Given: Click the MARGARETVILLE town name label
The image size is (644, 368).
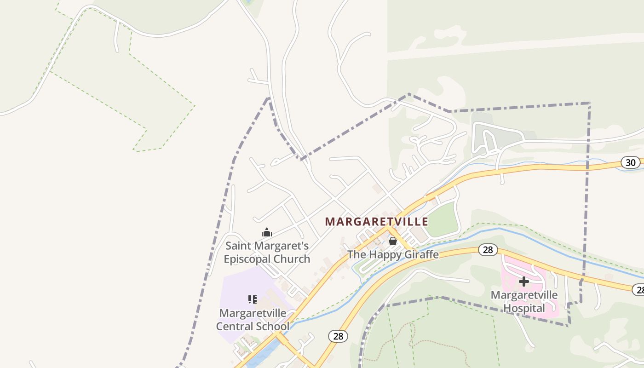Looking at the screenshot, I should coord(376,222).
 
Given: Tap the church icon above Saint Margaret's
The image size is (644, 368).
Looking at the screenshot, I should coord(266,232).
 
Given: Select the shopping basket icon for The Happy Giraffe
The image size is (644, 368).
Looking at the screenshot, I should coord(393,241).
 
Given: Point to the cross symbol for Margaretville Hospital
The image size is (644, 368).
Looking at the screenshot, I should coord(523,282).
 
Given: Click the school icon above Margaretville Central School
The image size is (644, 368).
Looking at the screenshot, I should coord(252,299).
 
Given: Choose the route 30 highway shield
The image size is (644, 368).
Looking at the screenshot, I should coord(630,162).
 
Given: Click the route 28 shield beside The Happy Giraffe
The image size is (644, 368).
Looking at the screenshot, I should coord(488,250).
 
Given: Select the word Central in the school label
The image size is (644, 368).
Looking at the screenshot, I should coord(234,327).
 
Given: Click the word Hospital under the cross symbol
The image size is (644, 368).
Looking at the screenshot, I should coord(524,308).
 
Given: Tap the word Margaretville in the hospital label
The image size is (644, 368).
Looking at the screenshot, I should coord(524,295).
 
